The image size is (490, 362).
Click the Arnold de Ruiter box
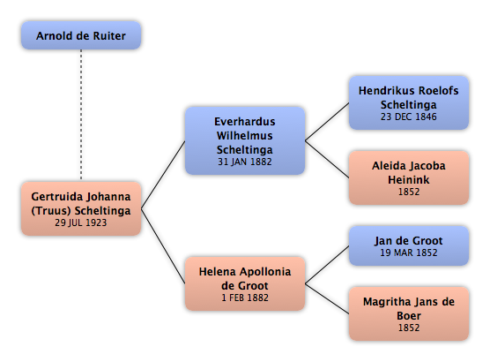coord(81,35)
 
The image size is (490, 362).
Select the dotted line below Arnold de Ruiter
coord(81,115)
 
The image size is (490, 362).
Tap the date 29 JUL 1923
coord(81,222)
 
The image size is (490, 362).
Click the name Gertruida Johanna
coord(81,197)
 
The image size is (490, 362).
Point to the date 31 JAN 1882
coord(245,162)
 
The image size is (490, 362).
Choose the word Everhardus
coord(245,122)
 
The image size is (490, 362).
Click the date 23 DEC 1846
coord(408,117)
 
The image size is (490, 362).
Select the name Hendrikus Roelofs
coord(408,91)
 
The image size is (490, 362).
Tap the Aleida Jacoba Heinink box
coord(409,177)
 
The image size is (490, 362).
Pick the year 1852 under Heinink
coord(409,192)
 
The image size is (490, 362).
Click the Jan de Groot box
coord(409,245)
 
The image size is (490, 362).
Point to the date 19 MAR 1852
coord(409,253)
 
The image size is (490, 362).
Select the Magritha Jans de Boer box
coord(409,313)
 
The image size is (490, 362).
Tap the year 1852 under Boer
coord(409,328)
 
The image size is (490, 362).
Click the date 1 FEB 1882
coord(245,298)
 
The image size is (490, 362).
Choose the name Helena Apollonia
coord(245,272)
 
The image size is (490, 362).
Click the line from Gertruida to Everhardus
coord(163,175)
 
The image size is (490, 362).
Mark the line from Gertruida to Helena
coord(163,246)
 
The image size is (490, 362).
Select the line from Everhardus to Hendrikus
coord(327,122)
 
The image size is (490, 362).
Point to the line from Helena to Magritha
coord(327,298)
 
